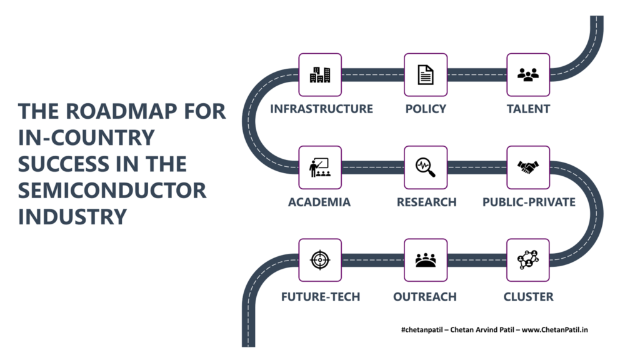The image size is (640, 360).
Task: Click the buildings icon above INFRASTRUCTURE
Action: tap(320, 75)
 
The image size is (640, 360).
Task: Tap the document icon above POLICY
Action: tap(426, 75)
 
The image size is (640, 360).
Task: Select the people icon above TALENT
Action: tap(528, 75)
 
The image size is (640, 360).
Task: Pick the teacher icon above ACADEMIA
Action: tap(320, 167)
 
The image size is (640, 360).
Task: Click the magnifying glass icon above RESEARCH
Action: tap(426, 167)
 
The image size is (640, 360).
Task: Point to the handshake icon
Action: tap(528, 167)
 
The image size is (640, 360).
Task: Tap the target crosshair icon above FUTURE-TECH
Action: tap(320, 260)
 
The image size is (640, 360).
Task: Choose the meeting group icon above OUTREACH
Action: tap(426, 260)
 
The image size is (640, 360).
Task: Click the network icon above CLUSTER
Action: tap(528, 260)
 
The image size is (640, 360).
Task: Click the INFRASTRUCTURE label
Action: tap(322, 109)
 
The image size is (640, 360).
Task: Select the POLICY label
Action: tap(426, 109)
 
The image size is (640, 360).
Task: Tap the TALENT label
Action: tap(529, 109)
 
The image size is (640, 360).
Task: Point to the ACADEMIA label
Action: tap(319, 202)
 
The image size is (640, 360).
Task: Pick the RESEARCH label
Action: tap(426, 202)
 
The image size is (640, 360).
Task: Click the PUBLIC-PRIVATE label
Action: tap(529, 202)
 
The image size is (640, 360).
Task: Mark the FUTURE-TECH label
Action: tap(321, 297)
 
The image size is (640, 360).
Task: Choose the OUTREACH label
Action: tap(425, 297)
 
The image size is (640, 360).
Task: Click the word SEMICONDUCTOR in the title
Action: tap(112, 190)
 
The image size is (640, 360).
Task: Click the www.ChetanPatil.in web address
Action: tap(555, 330)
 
